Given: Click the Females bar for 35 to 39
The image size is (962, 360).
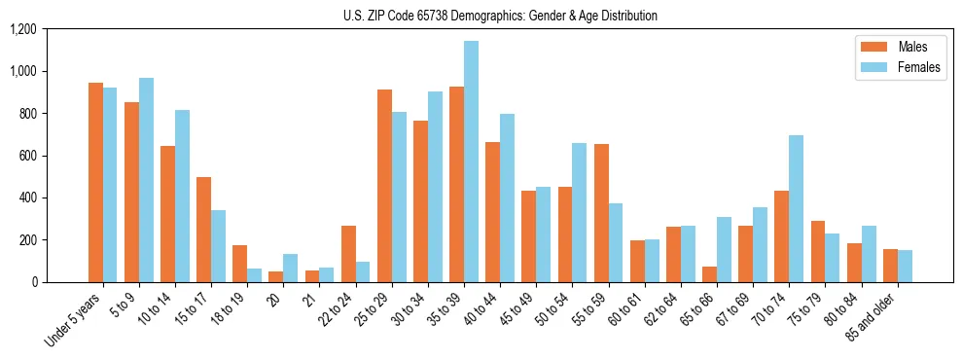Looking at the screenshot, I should [471, 162].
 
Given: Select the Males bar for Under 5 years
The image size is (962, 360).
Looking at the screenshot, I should [95, 183].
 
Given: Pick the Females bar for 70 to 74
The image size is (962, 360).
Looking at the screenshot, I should [796, 208].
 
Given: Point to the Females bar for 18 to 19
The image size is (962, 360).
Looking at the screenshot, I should [254, 275].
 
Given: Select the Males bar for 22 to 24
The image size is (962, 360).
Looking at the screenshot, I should [348, 254].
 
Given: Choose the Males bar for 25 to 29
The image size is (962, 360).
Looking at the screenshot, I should [384, 186].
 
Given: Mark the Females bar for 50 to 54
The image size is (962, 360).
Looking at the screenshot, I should [579, 212].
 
